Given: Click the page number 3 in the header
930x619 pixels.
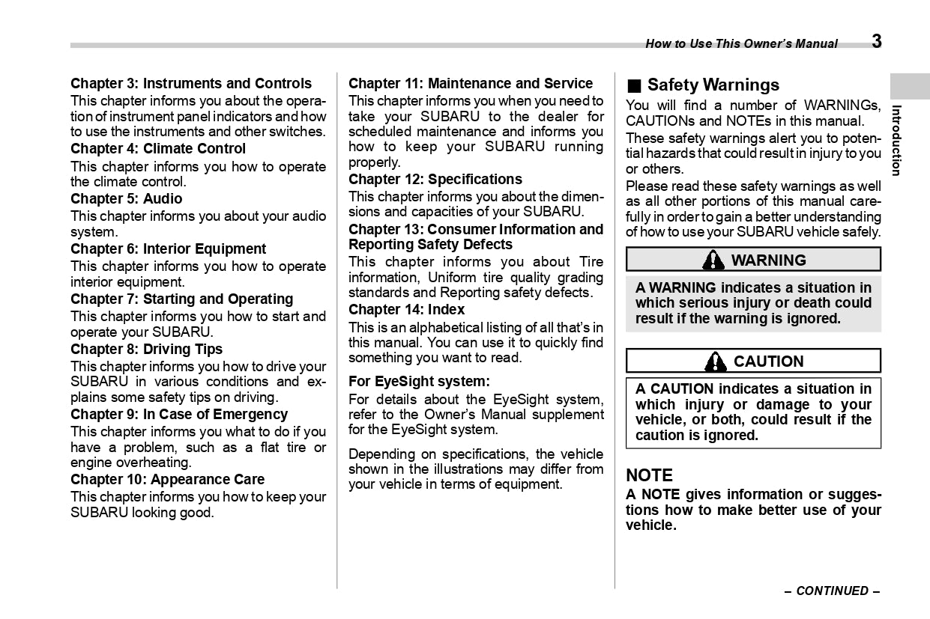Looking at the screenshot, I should click(x=876, y=42).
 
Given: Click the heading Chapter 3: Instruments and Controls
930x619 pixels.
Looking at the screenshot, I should click(x=191, y=84).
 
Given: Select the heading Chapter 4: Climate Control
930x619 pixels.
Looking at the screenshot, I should click(x=158, y=149).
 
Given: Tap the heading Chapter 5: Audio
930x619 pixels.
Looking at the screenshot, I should click(x=127, y=199).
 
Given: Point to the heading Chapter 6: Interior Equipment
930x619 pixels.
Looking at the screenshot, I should click(x=169, y=249).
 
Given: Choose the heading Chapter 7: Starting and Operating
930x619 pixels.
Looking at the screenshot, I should click(x=182, y=299).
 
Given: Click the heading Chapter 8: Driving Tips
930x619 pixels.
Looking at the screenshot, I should click(x=147, y=350).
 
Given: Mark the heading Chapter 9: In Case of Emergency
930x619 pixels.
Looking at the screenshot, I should click(x=179, y=415).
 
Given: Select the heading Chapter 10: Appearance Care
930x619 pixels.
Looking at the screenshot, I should click(x=168, y=480).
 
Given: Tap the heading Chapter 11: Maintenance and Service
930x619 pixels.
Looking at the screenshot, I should click(x=471, y=84).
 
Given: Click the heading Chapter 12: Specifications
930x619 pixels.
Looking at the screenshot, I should click(x=435, y=180).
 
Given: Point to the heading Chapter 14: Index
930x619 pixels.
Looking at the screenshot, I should click(x=407, y=310).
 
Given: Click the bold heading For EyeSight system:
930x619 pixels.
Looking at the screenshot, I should click(x=419, y=382).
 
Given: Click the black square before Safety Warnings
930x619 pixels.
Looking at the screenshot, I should click(x=633, y=85).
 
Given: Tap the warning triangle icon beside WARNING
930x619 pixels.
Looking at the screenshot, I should click(x=713, y=260).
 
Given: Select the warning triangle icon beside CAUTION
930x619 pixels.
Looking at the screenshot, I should click(x=716, y=362).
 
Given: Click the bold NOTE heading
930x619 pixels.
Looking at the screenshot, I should click(x=650, y=476).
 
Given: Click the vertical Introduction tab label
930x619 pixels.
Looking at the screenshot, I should click(x=897, y=140).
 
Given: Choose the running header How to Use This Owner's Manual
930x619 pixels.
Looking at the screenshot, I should click(x=742, y=44).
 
